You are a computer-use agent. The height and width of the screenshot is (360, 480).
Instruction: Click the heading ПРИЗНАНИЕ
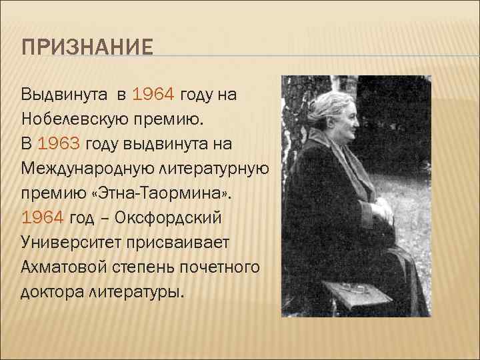pos(87,49)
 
